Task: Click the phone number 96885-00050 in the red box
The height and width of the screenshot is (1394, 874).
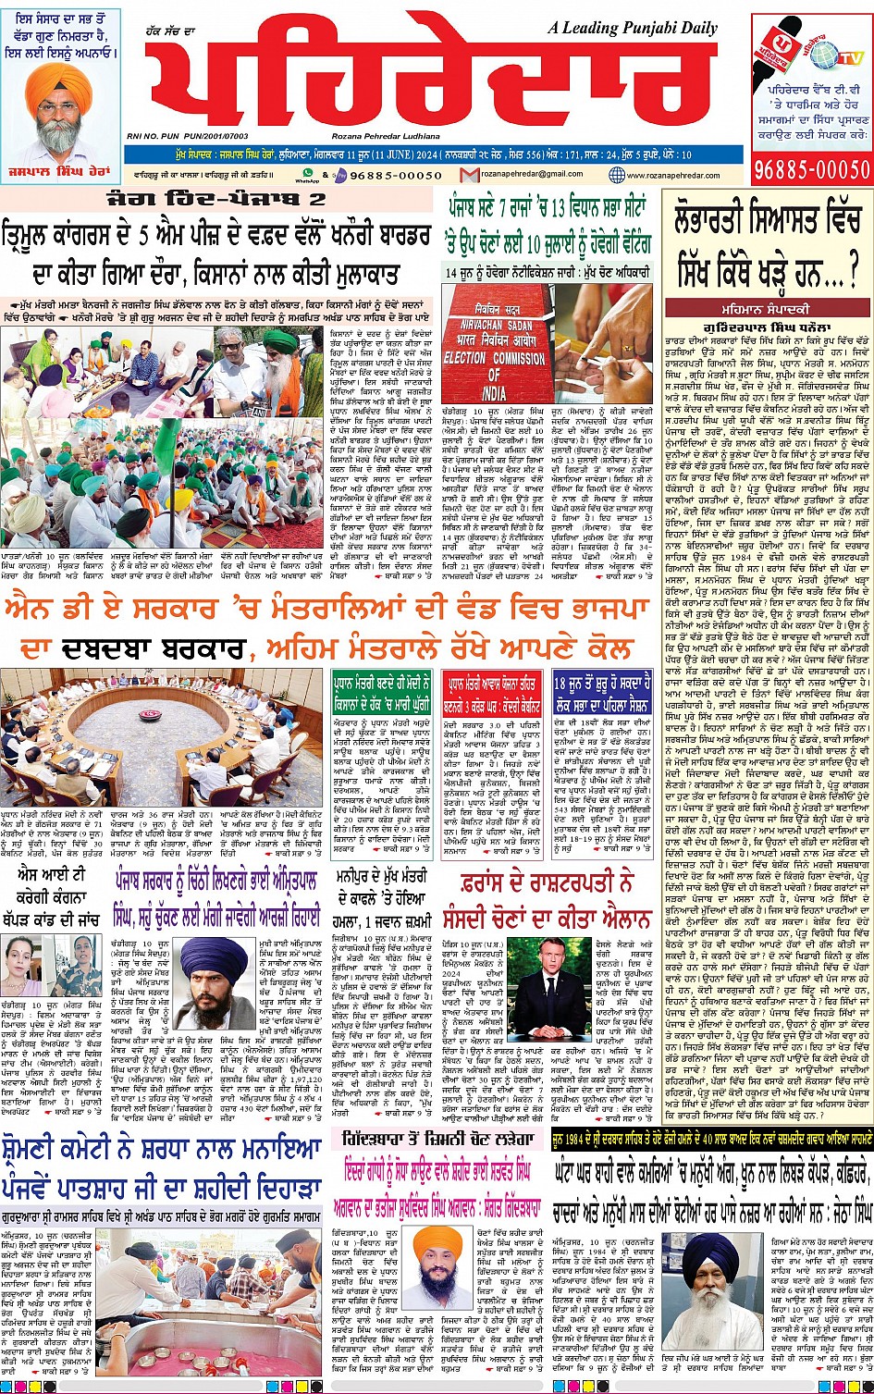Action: click(x=811, y=169)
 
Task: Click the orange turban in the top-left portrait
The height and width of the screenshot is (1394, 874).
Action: click(x=58, y=85)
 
